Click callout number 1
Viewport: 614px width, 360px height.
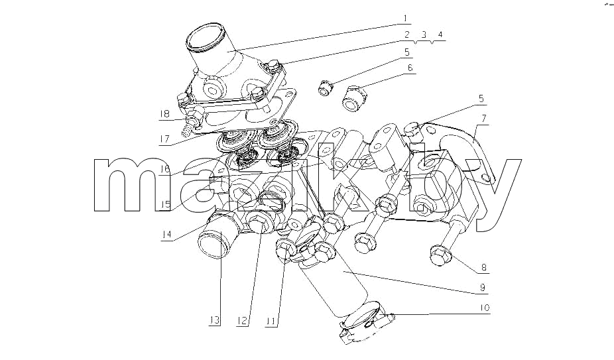405,18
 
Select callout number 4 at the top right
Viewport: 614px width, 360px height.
440,34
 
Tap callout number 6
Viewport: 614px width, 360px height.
410,68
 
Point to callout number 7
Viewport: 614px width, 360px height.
485,118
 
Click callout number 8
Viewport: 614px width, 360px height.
484,268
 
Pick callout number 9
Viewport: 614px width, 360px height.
483,288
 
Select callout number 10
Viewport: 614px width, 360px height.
485,308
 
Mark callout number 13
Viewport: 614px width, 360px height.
214,320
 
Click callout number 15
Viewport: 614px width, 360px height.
165,204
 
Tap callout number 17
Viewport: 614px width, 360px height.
164,139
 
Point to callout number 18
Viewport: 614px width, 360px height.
164,114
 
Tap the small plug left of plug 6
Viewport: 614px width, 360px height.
325,88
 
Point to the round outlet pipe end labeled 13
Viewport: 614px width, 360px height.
214,244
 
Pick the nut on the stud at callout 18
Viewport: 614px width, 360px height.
194,117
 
